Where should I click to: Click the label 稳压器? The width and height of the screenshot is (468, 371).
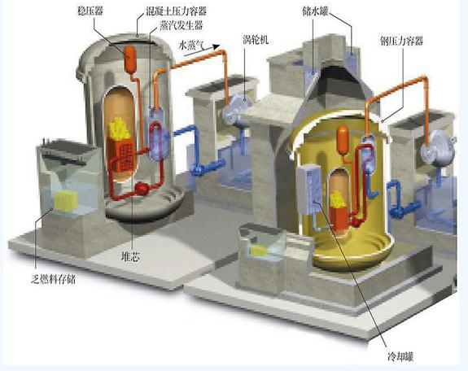point(90,11)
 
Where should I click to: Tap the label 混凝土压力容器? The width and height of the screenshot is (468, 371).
point(177,11)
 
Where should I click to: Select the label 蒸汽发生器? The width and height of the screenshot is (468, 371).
point(182,25)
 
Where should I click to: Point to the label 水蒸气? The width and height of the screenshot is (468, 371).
point(191,46)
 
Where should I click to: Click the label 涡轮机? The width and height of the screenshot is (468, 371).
point(256,40)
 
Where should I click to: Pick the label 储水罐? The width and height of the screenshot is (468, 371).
point(315,11)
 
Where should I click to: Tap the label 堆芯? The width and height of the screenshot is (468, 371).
point(130,257)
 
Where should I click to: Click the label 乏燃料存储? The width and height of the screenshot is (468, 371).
point(54,279)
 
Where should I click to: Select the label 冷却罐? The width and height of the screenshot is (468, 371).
point(400,356)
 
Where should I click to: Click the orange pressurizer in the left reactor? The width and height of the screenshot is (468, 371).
point(130,59)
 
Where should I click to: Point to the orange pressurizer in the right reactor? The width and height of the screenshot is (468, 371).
point(343,140)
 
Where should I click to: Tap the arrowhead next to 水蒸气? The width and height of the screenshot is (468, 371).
point(216,46)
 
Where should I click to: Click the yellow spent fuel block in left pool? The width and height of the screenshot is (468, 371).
point(66,201)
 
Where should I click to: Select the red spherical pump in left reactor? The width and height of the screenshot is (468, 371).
point(142,189)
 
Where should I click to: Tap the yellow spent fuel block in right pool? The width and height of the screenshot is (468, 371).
point(259,251)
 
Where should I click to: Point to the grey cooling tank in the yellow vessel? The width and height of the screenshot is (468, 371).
point(309,189)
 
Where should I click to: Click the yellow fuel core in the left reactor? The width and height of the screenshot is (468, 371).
point(119,129)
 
